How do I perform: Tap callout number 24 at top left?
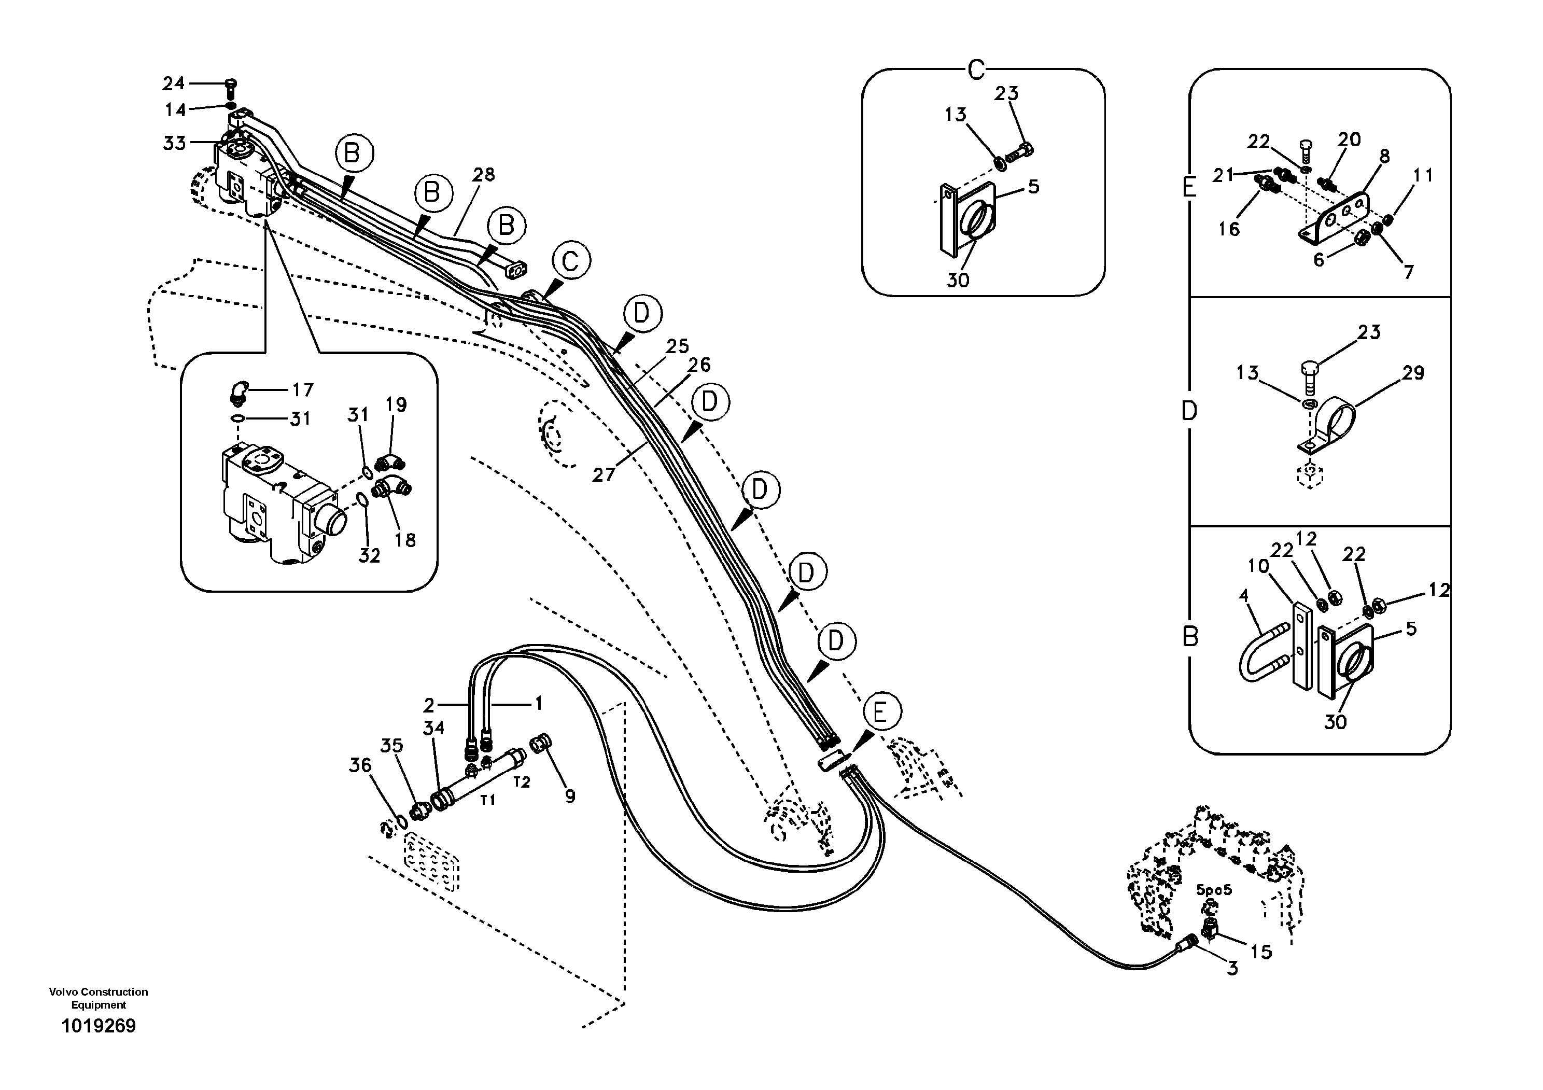(x=173, y=83)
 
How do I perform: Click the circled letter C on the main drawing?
(x=570, y=261)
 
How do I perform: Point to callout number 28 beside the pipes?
(x=483, y=175)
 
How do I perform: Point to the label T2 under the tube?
(x=522, y=781)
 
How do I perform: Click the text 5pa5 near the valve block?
(x=1214, y=890)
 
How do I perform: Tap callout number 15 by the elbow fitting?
(x=1261, y=952)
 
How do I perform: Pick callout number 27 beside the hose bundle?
(x=603, y=474)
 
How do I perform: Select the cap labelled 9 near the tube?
(x=542, y=744)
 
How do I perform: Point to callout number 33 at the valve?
(x=174, y=143)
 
